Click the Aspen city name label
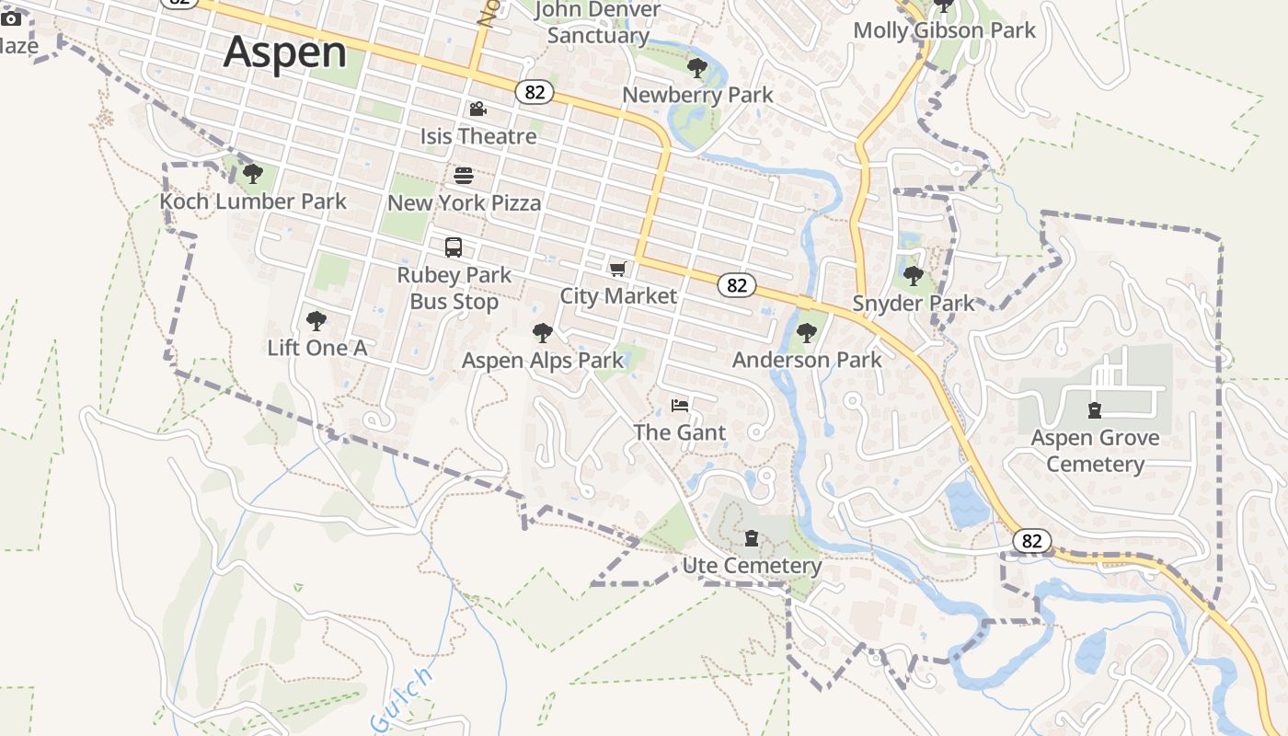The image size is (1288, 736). [285, 52]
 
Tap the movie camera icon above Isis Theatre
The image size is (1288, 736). [477, 109]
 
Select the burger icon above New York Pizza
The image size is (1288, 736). [464, 175]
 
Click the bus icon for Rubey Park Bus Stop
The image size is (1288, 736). [454, 247]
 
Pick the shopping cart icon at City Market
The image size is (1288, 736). [618, 269]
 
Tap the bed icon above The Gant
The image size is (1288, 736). [680, 406]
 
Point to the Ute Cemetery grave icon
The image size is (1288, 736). [752, 538]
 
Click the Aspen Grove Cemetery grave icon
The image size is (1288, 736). [1095, 410]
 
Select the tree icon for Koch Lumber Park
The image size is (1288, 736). [253, 173]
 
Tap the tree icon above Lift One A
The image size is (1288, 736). [316, 321]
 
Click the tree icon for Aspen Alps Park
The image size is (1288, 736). [543, 333]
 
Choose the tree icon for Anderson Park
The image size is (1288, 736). [807, 333]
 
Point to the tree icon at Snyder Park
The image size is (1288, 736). [913, 275]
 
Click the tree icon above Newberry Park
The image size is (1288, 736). [697, 67]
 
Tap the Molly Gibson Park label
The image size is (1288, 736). [945, 30]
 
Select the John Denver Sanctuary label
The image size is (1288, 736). [598, 23]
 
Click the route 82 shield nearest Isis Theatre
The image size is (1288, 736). [535, 92]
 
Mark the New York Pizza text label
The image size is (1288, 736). [465, 202]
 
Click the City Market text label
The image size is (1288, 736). [618, 295]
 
